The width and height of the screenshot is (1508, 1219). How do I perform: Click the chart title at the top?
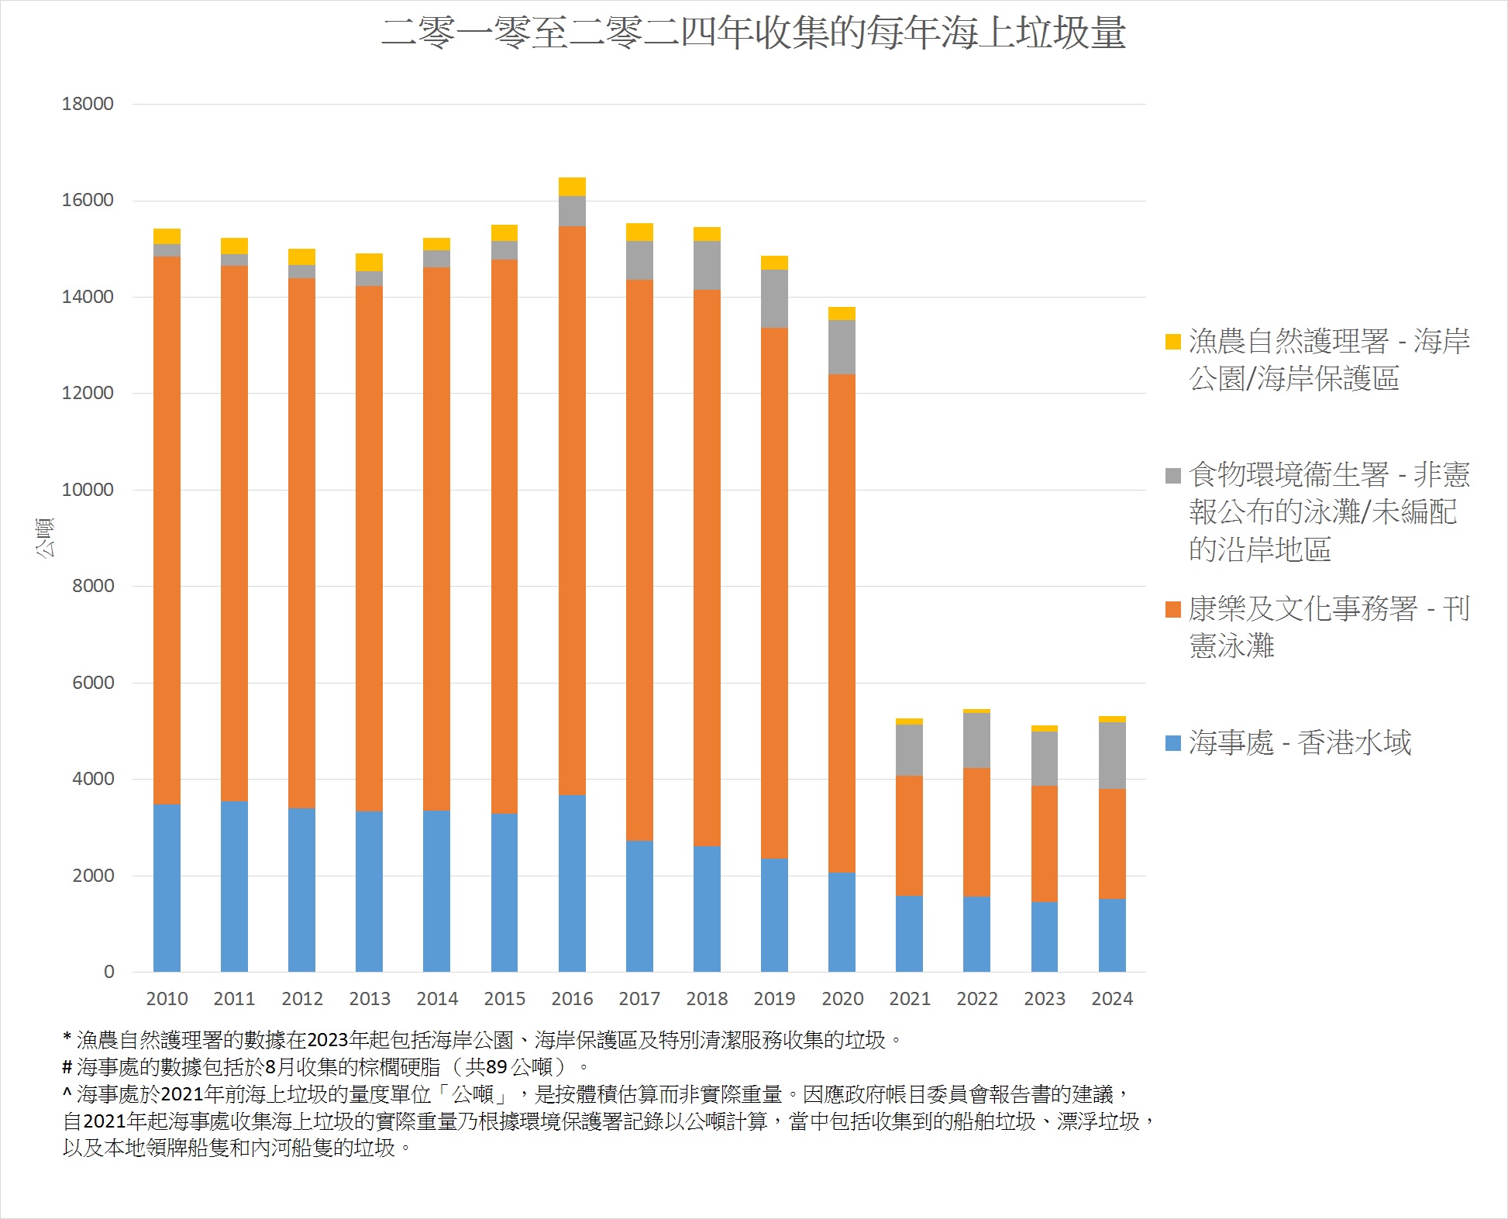click(753, 33)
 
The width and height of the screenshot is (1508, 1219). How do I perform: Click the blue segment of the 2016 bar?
click(572, 883)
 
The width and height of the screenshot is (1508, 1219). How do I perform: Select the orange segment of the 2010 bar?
click(167, 531)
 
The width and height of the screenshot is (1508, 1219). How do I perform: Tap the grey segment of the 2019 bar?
click(774, 298)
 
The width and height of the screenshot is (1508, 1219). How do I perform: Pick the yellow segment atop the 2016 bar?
click(572, 187)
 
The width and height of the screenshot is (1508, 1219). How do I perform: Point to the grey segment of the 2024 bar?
click(1112, 756)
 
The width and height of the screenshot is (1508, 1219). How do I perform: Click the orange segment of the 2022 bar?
click(976, 832)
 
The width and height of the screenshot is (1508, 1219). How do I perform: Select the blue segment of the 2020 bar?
click(842, 922)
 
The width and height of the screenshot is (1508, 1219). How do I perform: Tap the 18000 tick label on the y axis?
click(88, 104)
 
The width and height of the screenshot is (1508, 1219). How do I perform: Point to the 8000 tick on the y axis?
click(93, 586)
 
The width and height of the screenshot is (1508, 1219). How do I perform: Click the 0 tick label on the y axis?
click(108, 972)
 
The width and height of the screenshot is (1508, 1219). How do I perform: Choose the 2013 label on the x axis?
click(370, 999)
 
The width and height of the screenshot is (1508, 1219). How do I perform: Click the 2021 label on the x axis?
click(910, 999)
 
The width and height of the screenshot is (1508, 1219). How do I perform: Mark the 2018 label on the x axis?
click(707, 999)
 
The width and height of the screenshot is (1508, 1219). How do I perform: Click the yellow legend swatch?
click(1173, 342)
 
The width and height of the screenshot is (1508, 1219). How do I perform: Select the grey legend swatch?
click(1173, 475)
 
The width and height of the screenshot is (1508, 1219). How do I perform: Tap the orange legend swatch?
click(1173, 609)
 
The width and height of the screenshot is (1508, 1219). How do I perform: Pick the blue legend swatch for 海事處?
click(1173, 743)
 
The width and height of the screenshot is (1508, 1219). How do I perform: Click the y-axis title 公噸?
click(45, 538)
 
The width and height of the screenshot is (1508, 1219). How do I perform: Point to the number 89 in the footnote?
click(497, 1067)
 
